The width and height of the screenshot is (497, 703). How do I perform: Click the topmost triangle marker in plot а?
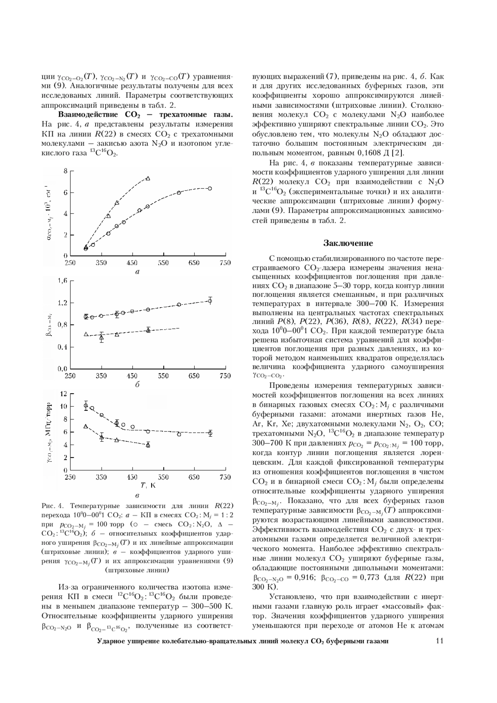pos(148,178)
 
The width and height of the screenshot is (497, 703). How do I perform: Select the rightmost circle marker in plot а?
pos(210,188)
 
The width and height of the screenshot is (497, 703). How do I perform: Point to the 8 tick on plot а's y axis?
pos(65,171)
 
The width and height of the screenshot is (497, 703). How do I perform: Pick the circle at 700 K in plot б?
pos(210,301)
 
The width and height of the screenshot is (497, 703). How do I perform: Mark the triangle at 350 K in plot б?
pos(101,338)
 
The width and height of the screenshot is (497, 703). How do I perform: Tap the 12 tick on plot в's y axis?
pos(63,394)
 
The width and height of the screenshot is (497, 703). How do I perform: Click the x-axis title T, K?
pos(148,485)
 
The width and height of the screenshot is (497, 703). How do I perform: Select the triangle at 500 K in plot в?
pos(148,445)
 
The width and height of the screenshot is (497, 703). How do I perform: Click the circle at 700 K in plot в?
pos(210,433)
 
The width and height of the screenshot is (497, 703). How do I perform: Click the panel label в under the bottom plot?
pos(137,495)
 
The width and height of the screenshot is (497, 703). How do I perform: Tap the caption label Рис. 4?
pos(52,506)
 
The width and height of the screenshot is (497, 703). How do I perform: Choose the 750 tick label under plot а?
pos(225,262)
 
